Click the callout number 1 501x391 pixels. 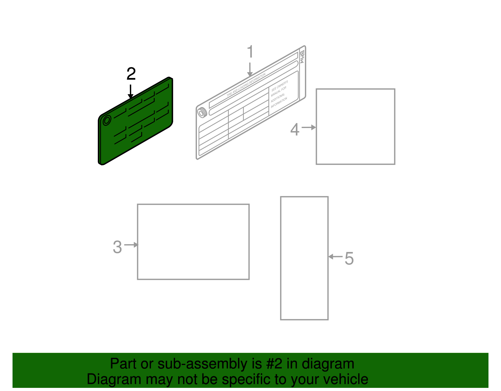click(x=250, y=52)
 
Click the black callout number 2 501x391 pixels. click(x=131, y=74)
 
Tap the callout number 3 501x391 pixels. click(x=117, y=247)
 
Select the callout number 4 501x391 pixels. click(x=295, y=129)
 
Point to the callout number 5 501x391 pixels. click(x=349, y=259)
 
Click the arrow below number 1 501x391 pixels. click(x=250, y=69)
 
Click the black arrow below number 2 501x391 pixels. click(x=131, y=91)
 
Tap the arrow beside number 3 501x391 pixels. click(x=131, y=245)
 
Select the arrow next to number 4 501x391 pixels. click(x=309, y=127)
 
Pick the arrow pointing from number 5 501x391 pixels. click(x=335, y=257)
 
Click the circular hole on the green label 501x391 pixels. click(x=107, y=120)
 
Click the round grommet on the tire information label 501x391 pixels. click(x=202, y=112)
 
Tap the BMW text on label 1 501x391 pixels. click(x=302, y=57)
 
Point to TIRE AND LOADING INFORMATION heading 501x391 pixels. click(x=246, y=85)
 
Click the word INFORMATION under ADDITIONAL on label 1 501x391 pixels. click(x=279, y=103)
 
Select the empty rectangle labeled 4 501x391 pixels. click(x=355, y=126)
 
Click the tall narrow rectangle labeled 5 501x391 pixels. click(x=304, y=258)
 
